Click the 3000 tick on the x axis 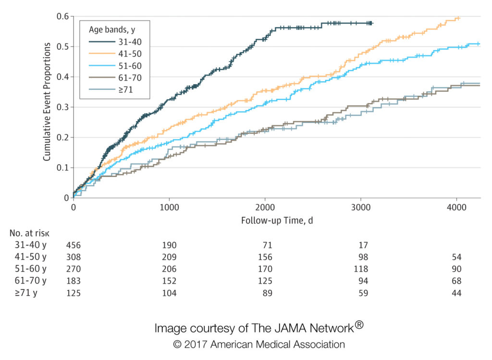point(361,208)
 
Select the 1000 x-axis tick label point(169,208)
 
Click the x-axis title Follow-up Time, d point(277,220)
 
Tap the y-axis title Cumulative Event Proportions point(47,101)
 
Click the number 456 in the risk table point(74,245)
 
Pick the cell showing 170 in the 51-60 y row point(265,269)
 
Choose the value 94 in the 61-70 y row point(361,281)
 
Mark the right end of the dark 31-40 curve point(372,23)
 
